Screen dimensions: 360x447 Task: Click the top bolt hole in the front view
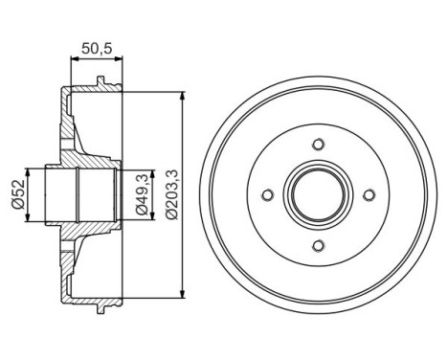[x=316, y=146]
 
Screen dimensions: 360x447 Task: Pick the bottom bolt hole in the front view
[x=316, y=247]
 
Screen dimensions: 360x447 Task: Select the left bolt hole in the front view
[x=265, y=196]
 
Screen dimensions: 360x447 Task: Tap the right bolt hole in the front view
[x=367, y=196]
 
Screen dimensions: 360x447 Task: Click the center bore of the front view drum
[x=316, y=196]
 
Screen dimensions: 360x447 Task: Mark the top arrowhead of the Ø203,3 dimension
[x=182, y=97]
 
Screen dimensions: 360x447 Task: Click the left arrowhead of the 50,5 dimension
[x=74, y=59]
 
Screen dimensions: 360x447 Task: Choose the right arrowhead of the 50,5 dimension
[x=120, y=59]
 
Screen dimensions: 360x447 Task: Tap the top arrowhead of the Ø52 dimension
[x=30, y=171]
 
